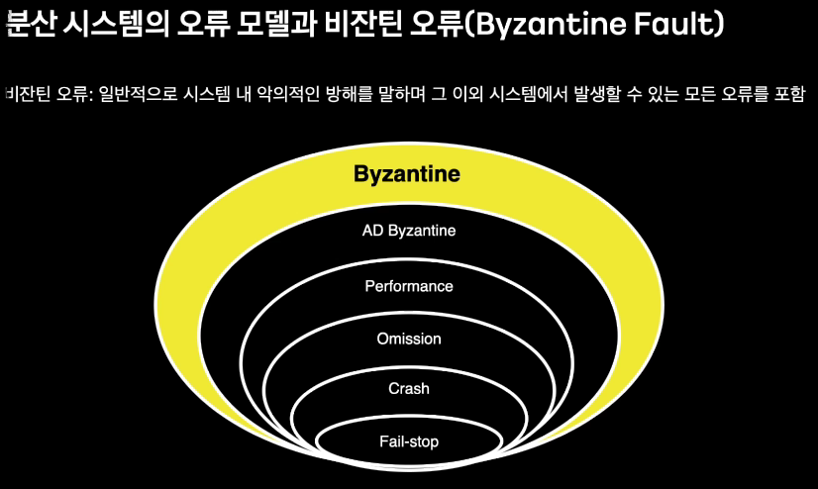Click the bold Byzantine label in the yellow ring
tap(407, 174)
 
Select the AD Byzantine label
tap(408, 231)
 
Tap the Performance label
tap(408, 286)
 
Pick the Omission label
tap(408, 339)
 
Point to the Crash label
tap(408, 389)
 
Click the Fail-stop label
tap(408, 440)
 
